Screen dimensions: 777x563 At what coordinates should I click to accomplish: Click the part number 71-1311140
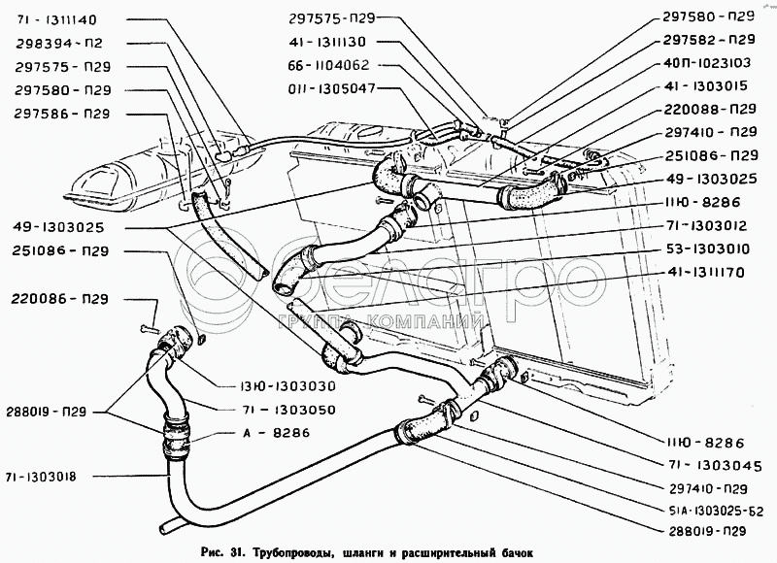[55, 19]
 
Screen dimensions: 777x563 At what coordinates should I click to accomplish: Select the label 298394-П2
[59, 44]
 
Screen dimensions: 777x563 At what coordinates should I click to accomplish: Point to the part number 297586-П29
[62, 114]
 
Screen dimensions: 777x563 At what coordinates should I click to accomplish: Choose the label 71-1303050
[285, 410]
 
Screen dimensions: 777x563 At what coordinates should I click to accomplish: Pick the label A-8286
[277, 433]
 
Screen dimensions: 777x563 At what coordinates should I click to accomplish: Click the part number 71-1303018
[41, 478]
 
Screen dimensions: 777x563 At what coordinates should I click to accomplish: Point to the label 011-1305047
[331, 88]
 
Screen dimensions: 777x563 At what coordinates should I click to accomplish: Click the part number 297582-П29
[709, 39]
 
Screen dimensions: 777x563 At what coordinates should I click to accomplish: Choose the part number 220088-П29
[710, 110]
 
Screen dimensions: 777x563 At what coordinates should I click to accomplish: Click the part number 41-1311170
[704, 273]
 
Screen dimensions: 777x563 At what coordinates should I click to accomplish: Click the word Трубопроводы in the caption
[289, 552]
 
